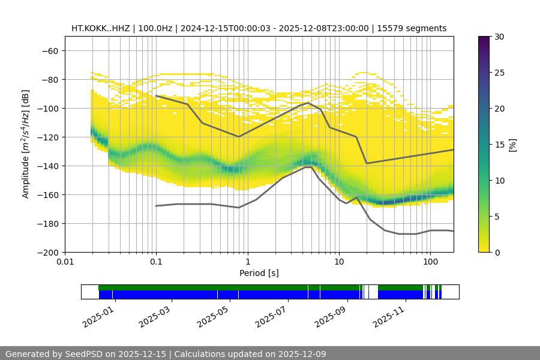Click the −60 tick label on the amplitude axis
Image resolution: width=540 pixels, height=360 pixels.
[49, 51]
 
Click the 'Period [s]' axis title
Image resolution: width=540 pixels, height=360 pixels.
[259, 274]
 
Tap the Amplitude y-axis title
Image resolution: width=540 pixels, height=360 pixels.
[26, 144]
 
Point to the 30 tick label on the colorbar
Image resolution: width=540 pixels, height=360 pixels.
[499, 37]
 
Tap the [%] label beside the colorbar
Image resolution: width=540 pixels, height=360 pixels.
[512, 144]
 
